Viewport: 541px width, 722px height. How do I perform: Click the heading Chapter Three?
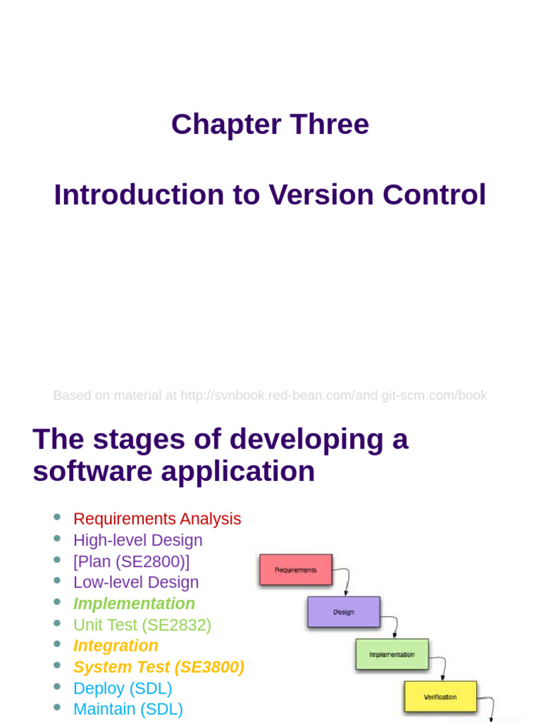coord(270,124)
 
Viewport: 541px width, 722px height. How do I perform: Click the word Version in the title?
coord(321,195)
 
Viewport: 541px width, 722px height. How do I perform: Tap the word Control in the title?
coord(434,195)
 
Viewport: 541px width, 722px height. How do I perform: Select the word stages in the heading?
coord(139,439)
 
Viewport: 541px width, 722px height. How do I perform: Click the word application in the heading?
coord(238,472)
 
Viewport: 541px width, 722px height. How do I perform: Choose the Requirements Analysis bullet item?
coord(157,518)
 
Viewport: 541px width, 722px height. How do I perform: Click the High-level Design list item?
coord(138,540)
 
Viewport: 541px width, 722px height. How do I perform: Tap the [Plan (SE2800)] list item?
coord(132,561)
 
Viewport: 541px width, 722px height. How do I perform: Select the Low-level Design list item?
coord(136,582)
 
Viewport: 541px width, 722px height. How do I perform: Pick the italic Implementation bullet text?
coord(135,604)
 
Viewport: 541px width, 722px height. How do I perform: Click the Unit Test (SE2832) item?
coord(142,625)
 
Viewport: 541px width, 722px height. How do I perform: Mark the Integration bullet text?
coord(116,646)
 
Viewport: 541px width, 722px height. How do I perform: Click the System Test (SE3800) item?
coord(158,667)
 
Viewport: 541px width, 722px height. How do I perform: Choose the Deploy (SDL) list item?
coord(123,688)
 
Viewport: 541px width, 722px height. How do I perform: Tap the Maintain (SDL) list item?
coord(128,709)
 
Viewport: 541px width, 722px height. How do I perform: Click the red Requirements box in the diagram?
coord(296,570)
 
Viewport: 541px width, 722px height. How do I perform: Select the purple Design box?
coord(344,612)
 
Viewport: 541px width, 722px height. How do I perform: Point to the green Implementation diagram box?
coord(392,654)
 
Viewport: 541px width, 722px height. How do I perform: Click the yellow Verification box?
coord(440,697)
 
